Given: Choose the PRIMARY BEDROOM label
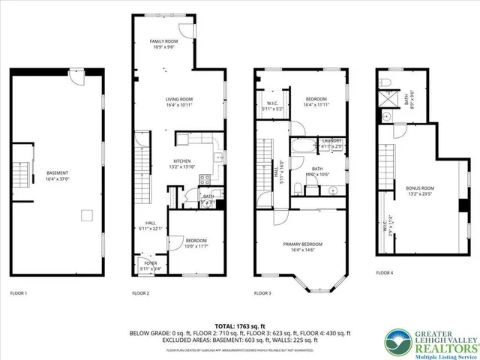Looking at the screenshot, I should point(302,244).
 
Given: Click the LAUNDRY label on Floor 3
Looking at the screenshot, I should point(332,141).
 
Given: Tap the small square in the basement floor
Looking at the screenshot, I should point(87,217).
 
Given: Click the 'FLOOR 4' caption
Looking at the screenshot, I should point(385,273).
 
